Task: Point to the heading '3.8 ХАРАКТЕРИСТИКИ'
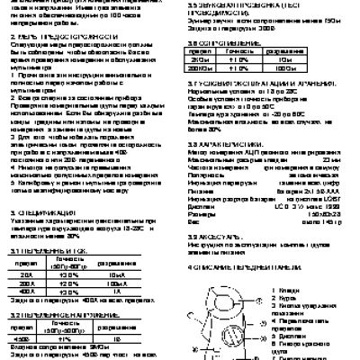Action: [231, 143]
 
